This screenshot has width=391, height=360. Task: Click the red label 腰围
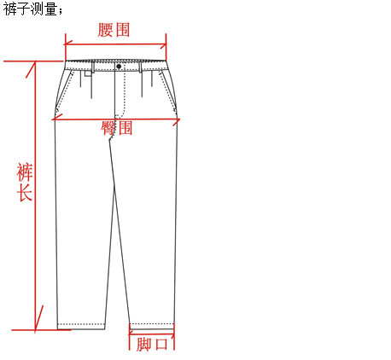pos(114,30)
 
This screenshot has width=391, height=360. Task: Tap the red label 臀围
pos(117,128)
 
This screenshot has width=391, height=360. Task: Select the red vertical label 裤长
pos(24,182)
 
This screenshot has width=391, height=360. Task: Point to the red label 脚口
pos(152,344)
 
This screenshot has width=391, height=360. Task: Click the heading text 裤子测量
pos(31,9)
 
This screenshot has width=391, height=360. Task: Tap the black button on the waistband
pos(119,67)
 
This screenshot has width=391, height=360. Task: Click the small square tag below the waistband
pos(88,73)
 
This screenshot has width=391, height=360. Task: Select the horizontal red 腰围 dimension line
pos(116,44)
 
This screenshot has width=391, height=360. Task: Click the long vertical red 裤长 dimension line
pos(35,195)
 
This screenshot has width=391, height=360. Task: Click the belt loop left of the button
pos(93,67)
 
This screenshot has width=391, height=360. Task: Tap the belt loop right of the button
pos(140,67)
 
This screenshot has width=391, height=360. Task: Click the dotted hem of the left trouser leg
pos(81,324)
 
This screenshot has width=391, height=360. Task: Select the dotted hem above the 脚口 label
pos(152,324)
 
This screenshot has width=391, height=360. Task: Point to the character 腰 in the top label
pos(106,30)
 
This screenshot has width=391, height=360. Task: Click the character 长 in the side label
pos(24,193)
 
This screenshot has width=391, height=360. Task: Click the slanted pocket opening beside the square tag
pos(65,91)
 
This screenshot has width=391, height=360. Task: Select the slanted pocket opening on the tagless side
pos(168,91)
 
